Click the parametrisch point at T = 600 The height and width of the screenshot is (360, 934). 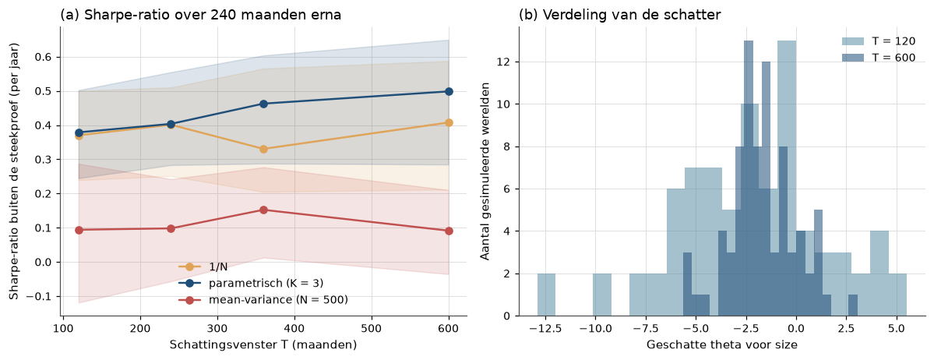(x=449, y=91)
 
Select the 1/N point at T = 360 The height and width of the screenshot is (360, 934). (x=263, y=149)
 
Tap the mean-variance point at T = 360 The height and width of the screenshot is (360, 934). (x=263, y=210)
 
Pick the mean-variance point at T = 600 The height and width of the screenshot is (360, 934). (x=449, y=231)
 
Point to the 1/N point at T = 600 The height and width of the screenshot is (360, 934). (x=449, y=123)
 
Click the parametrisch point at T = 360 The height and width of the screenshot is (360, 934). (x=263, y=104)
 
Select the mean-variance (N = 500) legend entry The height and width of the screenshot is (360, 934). (x=263, y=300)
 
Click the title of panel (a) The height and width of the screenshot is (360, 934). (x=201, y=16)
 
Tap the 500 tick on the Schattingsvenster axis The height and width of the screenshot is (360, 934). (x=372, y=328)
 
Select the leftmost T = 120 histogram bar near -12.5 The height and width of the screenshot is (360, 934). (x=546, y=295)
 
